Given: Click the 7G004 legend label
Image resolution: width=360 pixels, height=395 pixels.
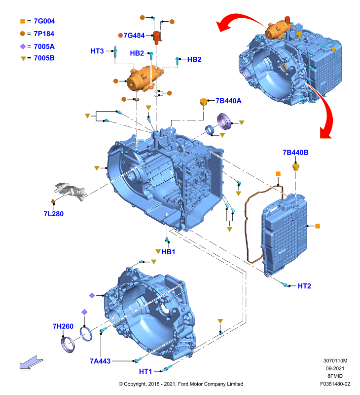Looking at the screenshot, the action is pos(44,21).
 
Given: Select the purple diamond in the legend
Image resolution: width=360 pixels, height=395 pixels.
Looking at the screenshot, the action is pos(23,46).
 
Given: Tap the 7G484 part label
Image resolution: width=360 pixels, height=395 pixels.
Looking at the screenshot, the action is pos(134,36).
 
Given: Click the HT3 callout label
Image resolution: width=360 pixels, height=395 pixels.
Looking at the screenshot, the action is pos(97,51).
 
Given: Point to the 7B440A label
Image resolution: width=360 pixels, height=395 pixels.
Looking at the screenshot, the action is pos(228,101).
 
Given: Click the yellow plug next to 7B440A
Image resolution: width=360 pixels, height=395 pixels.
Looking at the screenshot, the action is pos(203,102).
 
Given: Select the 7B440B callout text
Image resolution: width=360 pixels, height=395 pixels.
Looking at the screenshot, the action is pos(295,153).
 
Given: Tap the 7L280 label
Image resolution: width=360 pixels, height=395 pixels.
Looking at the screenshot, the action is pos(54,214).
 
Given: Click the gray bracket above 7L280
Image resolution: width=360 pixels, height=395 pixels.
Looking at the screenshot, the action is pos(71,191).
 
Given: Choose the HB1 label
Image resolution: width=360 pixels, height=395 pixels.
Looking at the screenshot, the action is pos(168,252).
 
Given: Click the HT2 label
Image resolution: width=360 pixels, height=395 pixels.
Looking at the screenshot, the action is pos(304,286).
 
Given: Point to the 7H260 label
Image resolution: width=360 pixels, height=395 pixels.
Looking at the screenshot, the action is pos(63,326).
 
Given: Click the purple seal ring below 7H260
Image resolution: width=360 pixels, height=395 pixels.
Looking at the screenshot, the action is pos(68,345).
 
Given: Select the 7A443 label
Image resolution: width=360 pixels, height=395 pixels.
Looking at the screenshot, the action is pos(100,361).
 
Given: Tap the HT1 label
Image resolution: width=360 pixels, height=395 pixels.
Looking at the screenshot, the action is pos(145,371).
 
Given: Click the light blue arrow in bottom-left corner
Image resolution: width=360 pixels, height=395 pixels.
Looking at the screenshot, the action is pos(31,363).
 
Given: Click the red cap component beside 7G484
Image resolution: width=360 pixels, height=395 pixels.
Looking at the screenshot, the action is pos(157,38).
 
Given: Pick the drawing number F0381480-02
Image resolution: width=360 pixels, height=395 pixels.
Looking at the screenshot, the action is pos(335,384).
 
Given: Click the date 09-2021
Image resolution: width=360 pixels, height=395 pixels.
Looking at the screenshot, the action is pos(335,368).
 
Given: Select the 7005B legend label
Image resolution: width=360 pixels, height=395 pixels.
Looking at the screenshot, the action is pos(44,58).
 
